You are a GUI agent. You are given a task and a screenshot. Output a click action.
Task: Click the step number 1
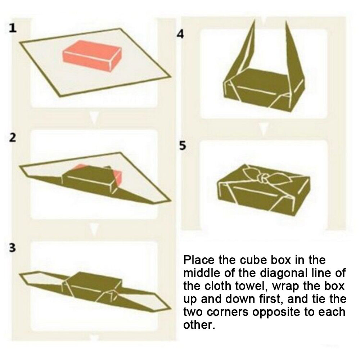click(x=13, y=28)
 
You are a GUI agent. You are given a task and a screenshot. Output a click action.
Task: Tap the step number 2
click(x=13, y=137)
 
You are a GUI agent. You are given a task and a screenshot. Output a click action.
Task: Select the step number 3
click(x=13, y=248)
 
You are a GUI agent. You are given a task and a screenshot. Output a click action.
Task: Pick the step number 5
click(x=183, y=145)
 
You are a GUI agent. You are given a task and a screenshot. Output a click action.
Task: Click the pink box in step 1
click(x=92, y=56)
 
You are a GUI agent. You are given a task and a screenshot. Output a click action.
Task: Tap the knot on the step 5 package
click(x=264, y=178)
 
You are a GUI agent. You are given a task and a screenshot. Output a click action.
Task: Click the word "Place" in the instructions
click(x=199, y=260)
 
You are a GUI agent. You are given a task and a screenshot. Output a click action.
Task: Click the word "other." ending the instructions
click(x=199, y=325)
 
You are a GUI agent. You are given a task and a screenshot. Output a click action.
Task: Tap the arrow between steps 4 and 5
click(x=264, y=129)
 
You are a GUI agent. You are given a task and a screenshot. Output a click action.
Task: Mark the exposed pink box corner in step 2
click(x=118, y=177)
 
